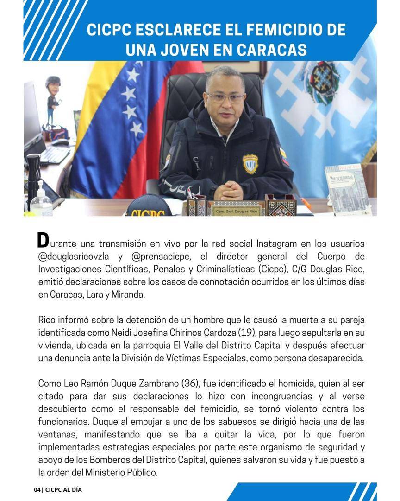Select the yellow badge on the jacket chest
pos(250,163)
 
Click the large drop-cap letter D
pos(43,240)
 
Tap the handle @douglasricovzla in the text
pos(74,256)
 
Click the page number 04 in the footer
pos(37,490)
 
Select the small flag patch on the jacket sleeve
pos(284,156)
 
